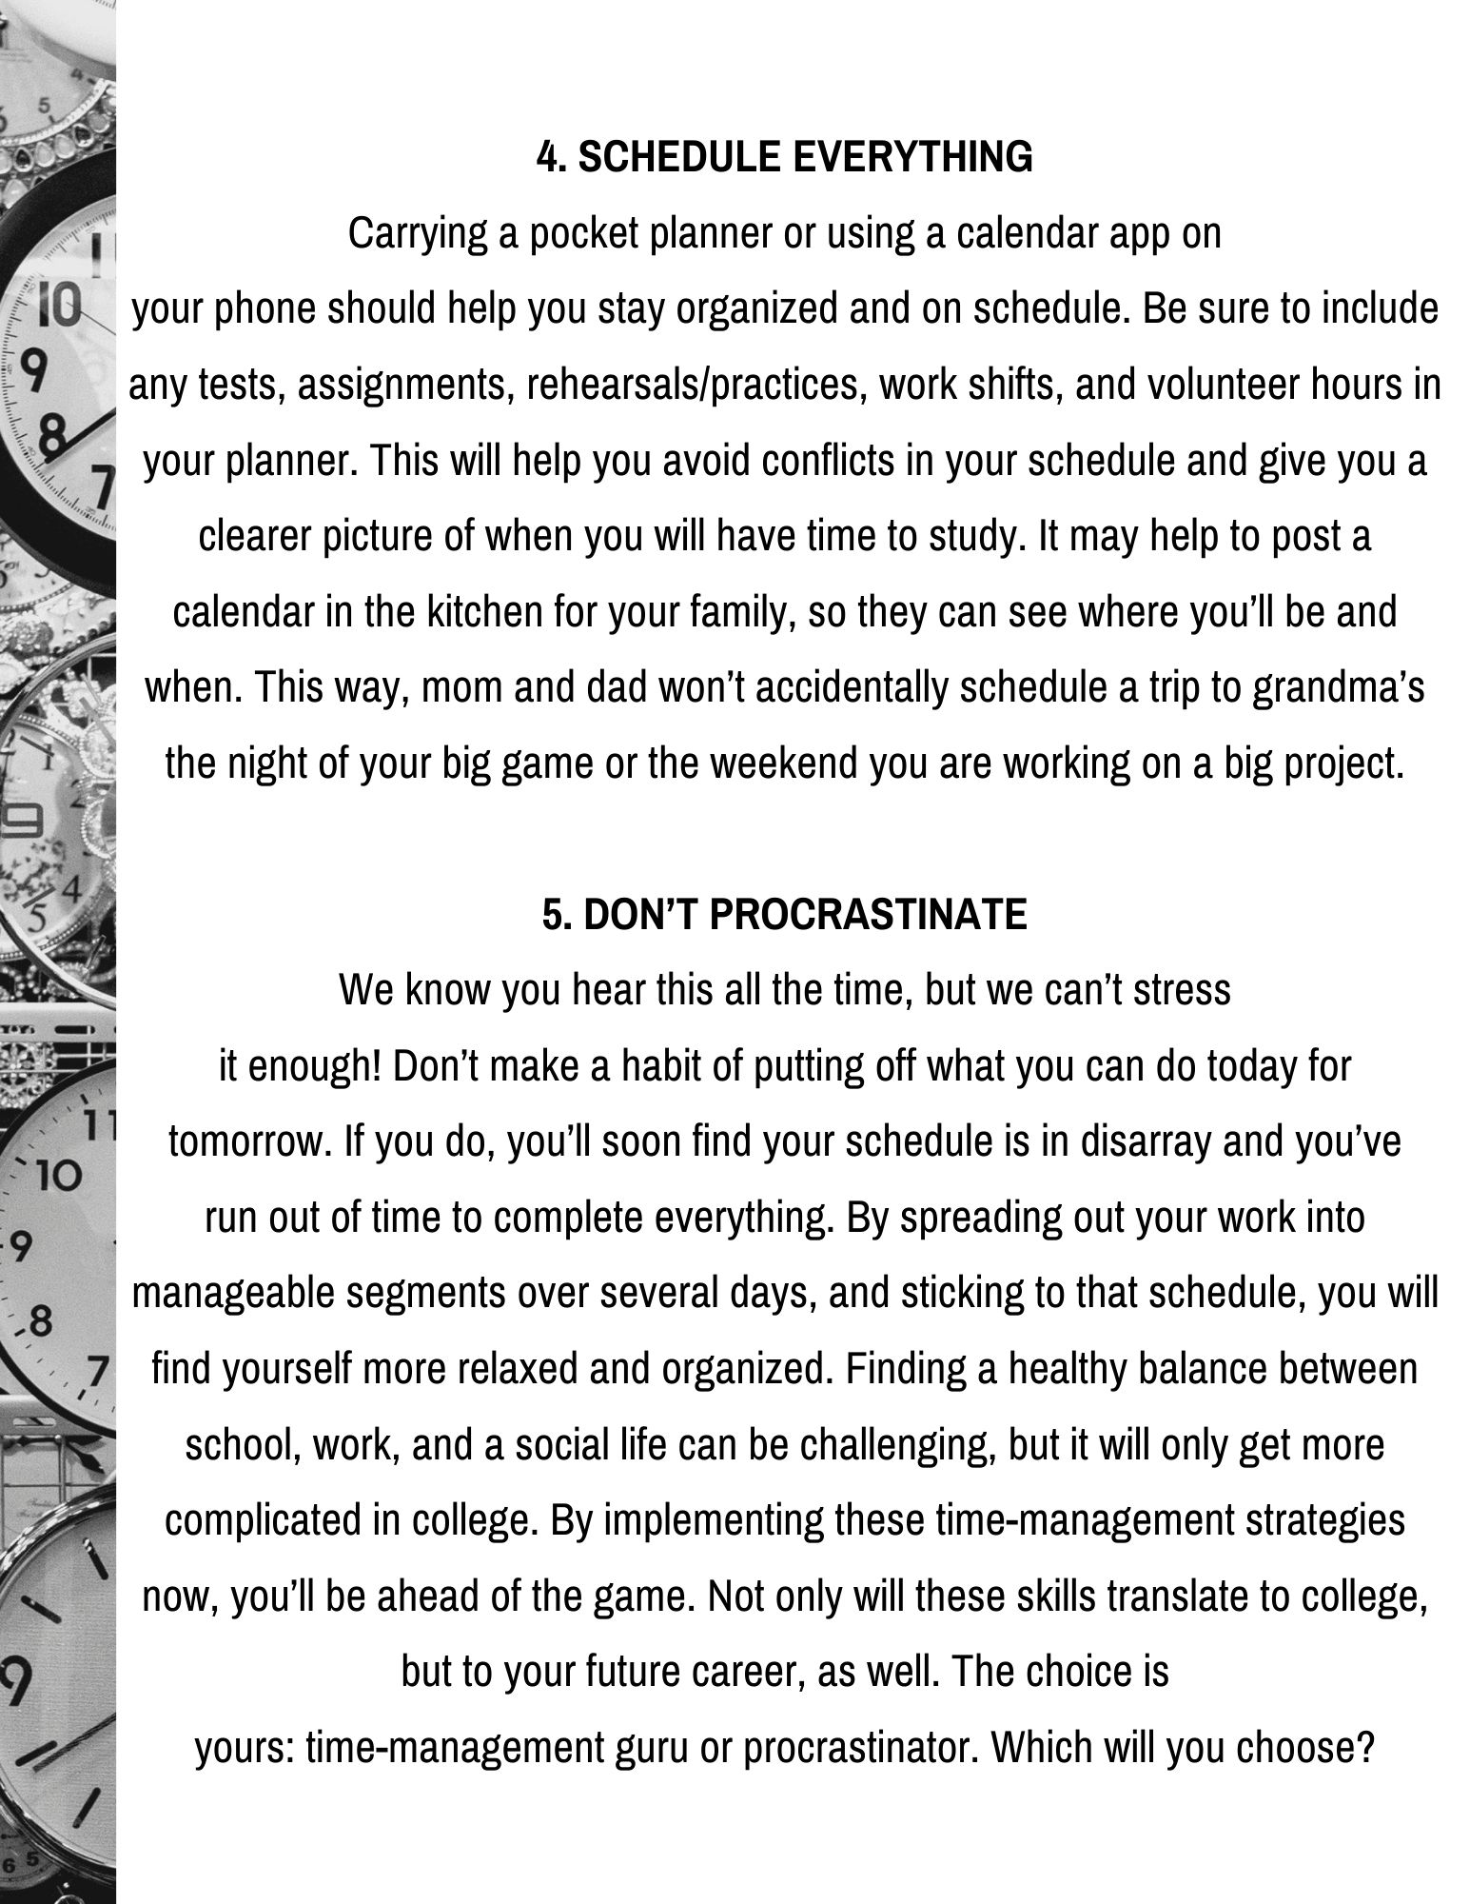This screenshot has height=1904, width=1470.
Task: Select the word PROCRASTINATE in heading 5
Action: [x=868, y=915]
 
